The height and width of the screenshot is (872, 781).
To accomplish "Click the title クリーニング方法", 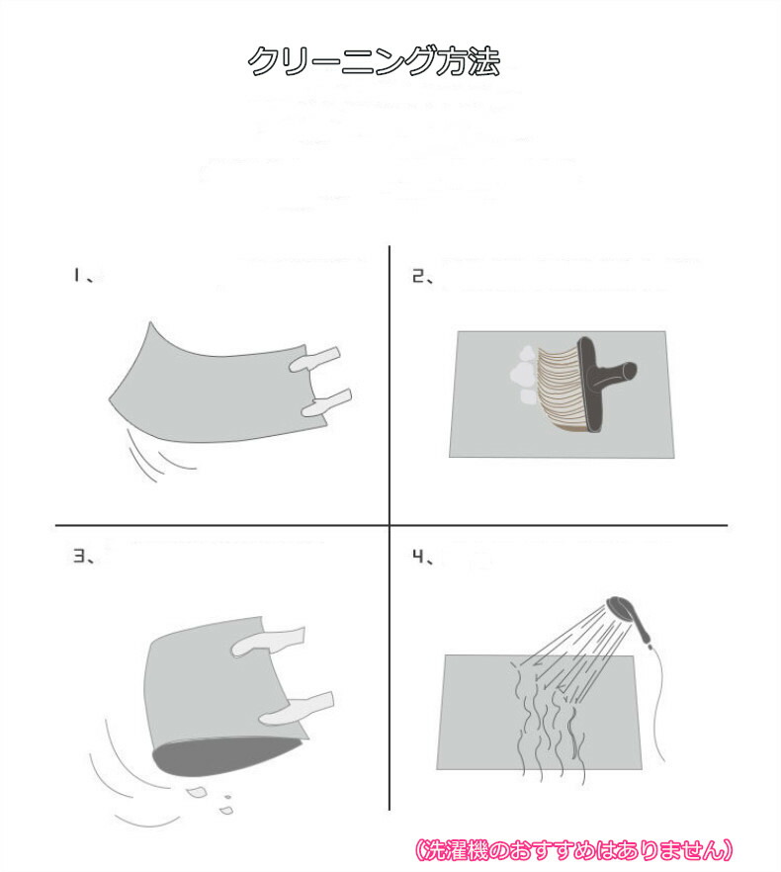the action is [x=374, y=60].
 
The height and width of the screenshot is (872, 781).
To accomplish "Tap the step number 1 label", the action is [x=77, y=275].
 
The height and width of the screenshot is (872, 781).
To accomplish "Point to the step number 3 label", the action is [x=79, y=556].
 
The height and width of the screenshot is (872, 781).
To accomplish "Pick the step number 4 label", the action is [x=418, y=556].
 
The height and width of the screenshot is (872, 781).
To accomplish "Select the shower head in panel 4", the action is [x=629, y=617].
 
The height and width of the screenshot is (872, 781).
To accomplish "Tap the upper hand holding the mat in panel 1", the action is [x=314, y=359].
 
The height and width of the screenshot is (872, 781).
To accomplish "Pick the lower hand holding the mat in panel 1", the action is [x=326, y=402].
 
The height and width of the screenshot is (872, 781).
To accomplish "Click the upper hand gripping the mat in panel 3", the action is [x=268, y=641].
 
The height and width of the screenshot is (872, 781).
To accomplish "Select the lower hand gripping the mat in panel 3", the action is [x=298, y=708].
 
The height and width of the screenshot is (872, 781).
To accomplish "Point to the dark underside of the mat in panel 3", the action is [x=222, y=757].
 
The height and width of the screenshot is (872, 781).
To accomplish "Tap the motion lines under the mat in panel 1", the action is [x=159, y=455].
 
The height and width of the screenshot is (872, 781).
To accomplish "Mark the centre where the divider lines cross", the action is [x=390, y=525].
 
